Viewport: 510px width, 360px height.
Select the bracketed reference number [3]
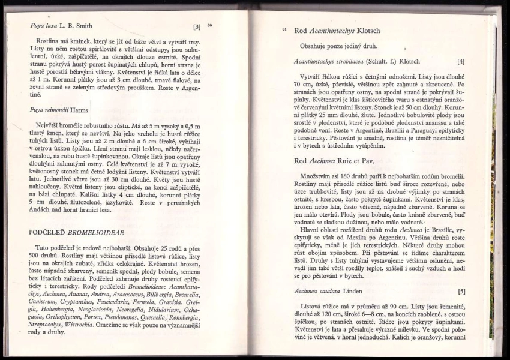click(197, 27)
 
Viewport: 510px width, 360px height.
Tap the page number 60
click(209, 25)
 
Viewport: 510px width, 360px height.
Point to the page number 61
click(284, 29)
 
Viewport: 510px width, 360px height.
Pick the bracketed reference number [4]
click(461, 61)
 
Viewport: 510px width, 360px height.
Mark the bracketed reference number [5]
click(461, 292)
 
